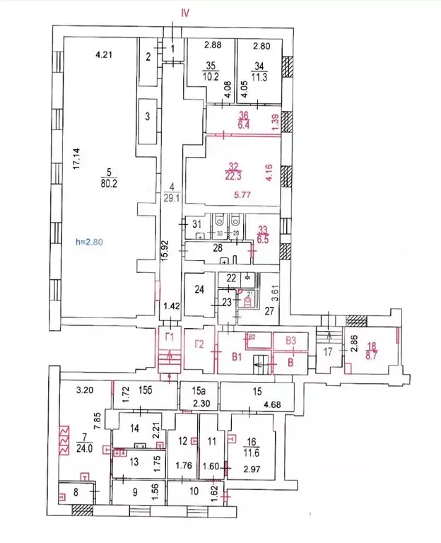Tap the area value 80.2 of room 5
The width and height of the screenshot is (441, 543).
click(x=107, y=180)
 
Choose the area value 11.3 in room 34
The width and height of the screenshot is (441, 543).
click(x=260, y=78)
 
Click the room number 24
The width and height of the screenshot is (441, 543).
click(x=199, y=289)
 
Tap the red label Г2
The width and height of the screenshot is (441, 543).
click(x=199, y=344)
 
